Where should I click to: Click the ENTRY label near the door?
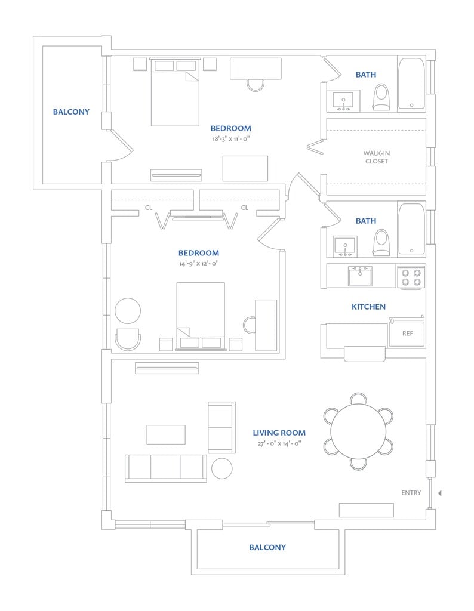411,493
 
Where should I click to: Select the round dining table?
358,431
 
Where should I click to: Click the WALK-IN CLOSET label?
376,157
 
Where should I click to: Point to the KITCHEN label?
368,307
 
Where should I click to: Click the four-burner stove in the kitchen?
412,277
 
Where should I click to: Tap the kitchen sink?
360,276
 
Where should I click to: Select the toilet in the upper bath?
381,97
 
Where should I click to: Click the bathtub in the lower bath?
411,230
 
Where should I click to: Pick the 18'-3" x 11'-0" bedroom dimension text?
230,138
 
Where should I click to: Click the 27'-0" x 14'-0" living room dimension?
279,443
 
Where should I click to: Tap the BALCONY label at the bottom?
267,547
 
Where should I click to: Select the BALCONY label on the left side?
71,112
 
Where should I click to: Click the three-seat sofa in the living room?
165,468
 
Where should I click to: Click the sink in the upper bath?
343,100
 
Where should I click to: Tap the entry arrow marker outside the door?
439,493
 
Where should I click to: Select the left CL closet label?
149,208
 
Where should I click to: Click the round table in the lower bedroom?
128,311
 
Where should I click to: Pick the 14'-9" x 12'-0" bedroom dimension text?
198,263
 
